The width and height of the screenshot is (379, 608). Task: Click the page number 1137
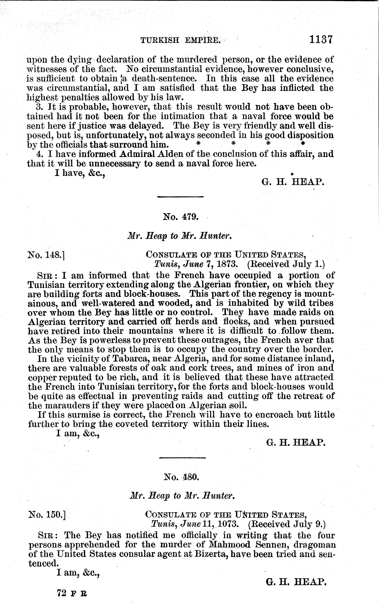coord(321,39)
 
